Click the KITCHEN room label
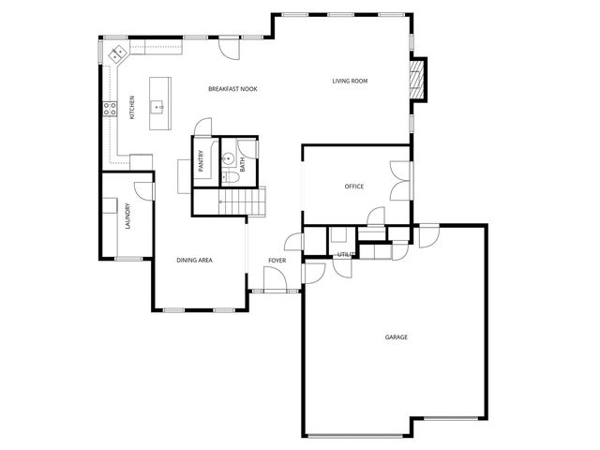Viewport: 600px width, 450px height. tap(132, 108)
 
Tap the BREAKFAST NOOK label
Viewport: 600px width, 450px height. tap(232, 89)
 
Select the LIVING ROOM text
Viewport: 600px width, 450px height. tap(350, 82)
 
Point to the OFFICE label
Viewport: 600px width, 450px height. tap(353, 187)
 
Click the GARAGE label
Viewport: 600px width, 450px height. tap(396, 337)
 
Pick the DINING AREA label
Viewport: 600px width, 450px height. tap(195, 260)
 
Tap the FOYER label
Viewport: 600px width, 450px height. tap(277, 260)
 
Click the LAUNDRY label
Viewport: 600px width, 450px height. tap(127, 217)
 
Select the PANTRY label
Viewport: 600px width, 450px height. tap(201, 161)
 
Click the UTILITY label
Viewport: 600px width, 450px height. tap(344, 254)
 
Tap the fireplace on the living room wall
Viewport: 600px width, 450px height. tap(420, 80)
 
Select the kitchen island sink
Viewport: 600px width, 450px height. tap(157, 107)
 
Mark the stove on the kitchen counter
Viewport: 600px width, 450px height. tap(110, 108)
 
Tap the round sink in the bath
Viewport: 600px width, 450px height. tap(227, 159)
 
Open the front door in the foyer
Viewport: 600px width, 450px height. tap(275, 278)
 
